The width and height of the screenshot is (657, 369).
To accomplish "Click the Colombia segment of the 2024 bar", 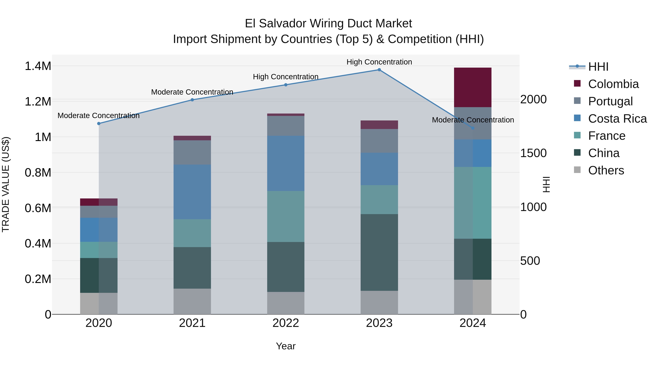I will [473, 87].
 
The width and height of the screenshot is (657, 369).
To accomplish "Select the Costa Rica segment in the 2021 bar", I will [192, 192].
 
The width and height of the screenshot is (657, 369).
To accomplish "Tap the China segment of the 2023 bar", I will [379, 252].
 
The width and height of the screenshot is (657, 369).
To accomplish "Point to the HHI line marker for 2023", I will [379, 70].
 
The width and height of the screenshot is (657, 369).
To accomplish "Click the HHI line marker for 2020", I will [99, 124].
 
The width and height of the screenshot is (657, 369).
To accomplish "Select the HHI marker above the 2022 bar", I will [286, 85].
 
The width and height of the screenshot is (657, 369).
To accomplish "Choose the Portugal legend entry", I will [610, 101].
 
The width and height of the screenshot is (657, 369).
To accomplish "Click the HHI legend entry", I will [598, 67].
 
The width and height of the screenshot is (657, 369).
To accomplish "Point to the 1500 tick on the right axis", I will [533, 153].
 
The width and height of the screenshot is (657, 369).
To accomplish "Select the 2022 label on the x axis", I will [286, 323].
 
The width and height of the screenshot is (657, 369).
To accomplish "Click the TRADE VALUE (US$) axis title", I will [6, 184].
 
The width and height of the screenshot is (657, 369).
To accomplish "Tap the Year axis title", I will [286, 346].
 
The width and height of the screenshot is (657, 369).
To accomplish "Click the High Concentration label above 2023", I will [379, 62].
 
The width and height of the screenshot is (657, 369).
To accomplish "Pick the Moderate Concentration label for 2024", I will [473, 120].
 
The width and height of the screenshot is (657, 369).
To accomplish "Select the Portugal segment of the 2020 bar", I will [99, 212].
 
